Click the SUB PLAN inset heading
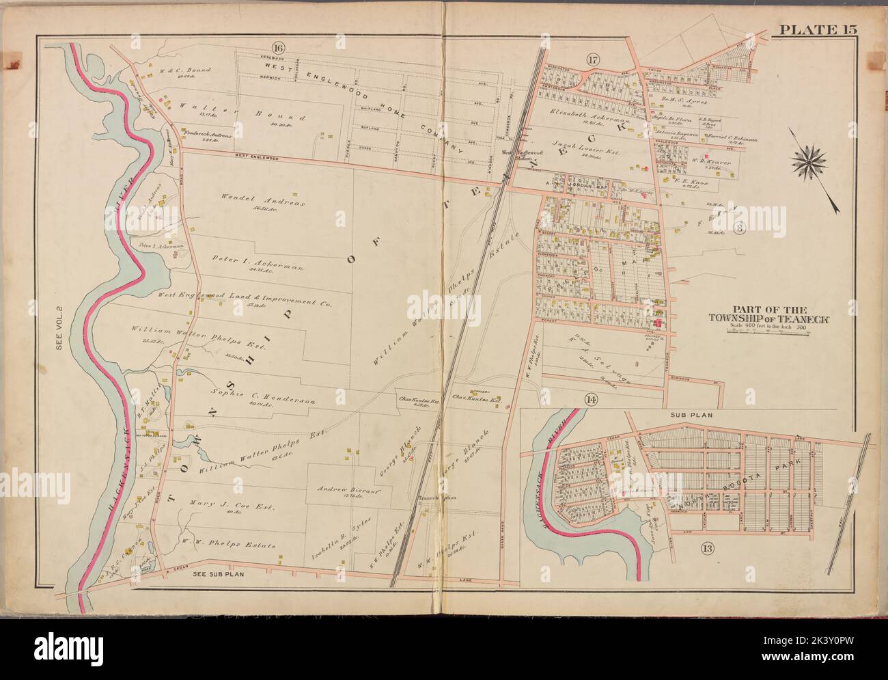pos(685,414)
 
